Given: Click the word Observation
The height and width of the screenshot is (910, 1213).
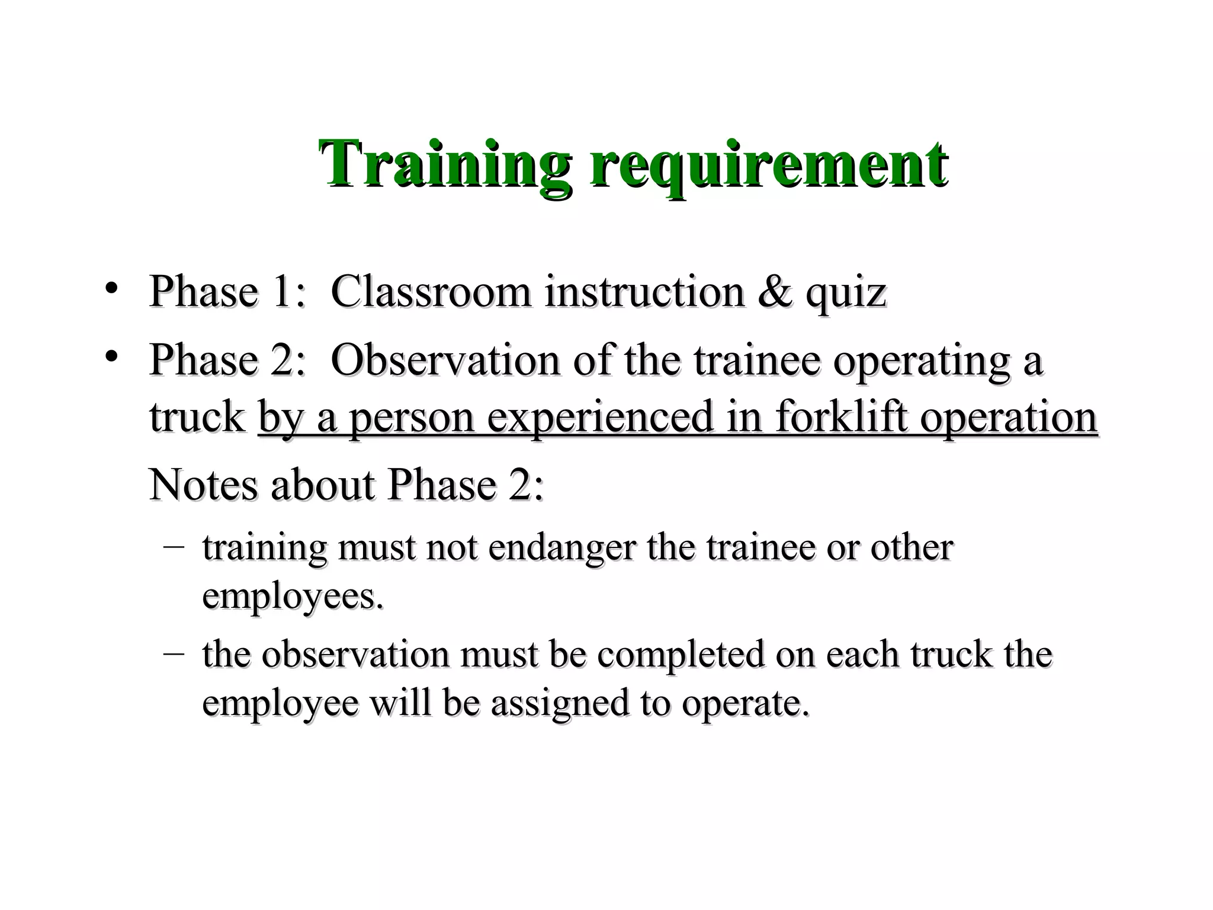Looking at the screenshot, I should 445,360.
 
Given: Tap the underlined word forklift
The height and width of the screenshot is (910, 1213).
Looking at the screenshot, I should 841,417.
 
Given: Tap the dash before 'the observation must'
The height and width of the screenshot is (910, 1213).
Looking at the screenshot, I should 173,654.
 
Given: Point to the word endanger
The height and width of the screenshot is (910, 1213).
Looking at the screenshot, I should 561,549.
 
